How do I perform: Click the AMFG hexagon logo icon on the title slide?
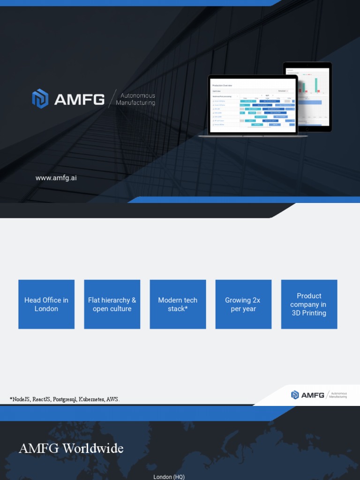point(40,99)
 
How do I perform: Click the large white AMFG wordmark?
point(79,99)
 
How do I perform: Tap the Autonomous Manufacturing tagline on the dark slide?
point(135,99)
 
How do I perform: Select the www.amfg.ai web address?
point(56,178)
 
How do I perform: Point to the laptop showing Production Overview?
point(253,105)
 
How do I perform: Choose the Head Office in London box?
point(46,304)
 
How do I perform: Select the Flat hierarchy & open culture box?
point(112,304)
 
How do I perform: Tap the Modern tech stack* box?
point(178,304)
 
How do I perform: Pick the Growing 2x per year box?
point(243,304)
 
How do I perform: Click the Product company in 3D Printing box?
point(309,304)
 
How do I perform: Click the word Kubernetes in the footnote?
point(91,399)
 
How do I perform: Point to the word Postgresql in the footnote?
point(65,399)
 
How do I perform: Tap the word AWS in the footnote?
point(112,399)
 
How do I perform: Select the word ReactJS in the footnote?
point(42,399)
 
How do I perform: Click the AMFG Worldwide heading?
point(71,449)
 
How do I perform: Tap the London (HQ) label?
point(169,477)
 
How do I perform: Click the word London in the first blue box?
point(46,309)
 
